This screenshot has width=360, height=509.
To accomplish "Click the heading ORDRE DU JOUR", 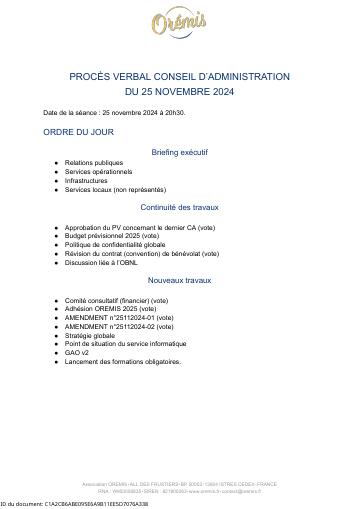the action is coord(78,132).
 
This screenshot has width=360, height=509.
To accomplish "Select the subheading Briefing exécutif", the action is coord(180,152).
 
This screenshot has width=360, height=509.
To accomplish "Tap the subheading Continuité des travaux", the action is coord(180,208).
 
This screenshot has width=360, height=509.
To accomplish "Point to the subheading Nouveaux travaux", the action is coord(180,280).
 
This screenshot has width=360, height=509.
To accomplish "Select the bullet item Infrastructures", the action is coord(87,180).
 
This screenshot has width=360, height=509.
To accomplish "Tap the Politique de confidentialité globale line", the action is coord(115,245).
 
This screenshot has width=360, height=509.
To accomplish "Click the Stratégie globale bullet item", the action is coord(90,336).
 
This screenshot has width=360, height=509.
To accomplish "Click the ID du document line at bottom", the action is coord(74,504).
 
